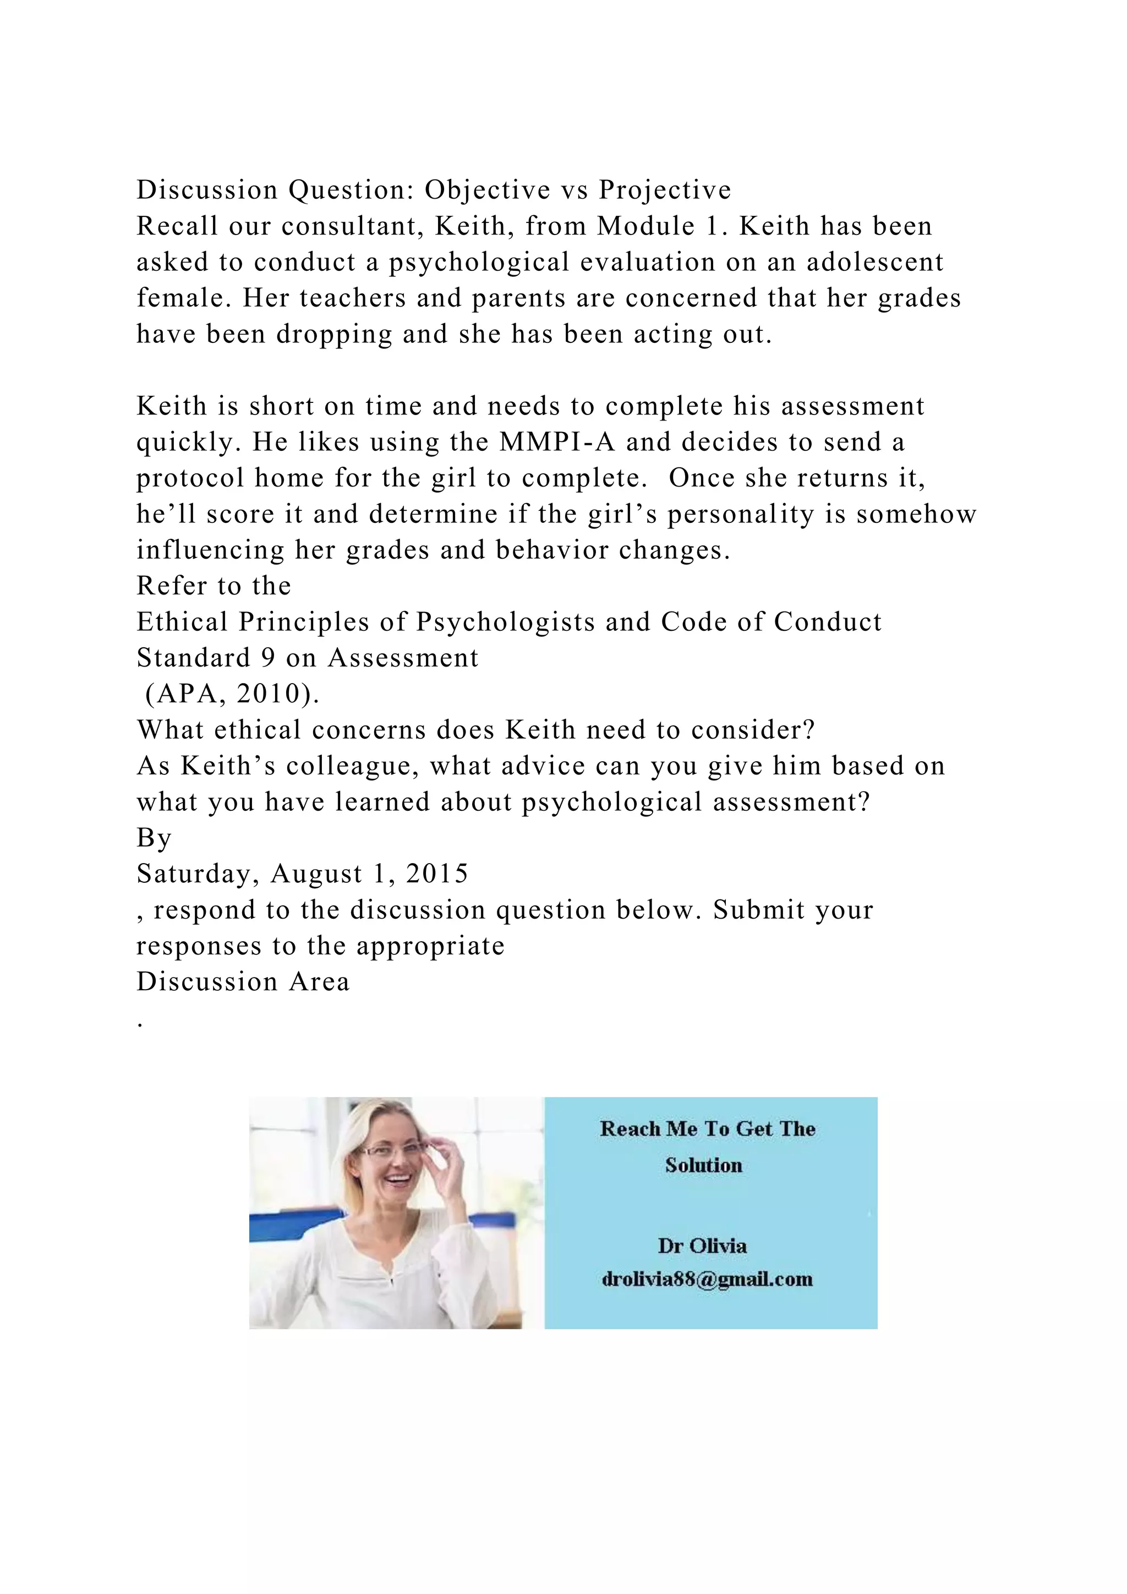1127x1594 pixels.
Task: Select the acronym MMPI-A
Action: click(557, 442)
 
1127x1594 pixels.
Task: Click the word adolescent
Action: click(875, 263)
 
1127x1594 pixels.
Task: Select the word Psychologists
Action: click(505, 622)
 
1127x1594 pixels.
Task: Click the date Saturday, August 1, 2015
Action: click(303, 874)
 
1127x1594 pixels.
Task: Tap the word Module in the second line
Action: click(646, 226)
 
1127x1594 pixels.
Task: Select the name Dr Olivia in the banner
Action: click(702, 1246)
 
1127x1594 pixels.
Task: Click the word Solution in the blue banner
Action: click(704, 1166)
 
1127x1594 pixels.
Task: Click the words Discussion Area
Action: click(243, 982)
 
